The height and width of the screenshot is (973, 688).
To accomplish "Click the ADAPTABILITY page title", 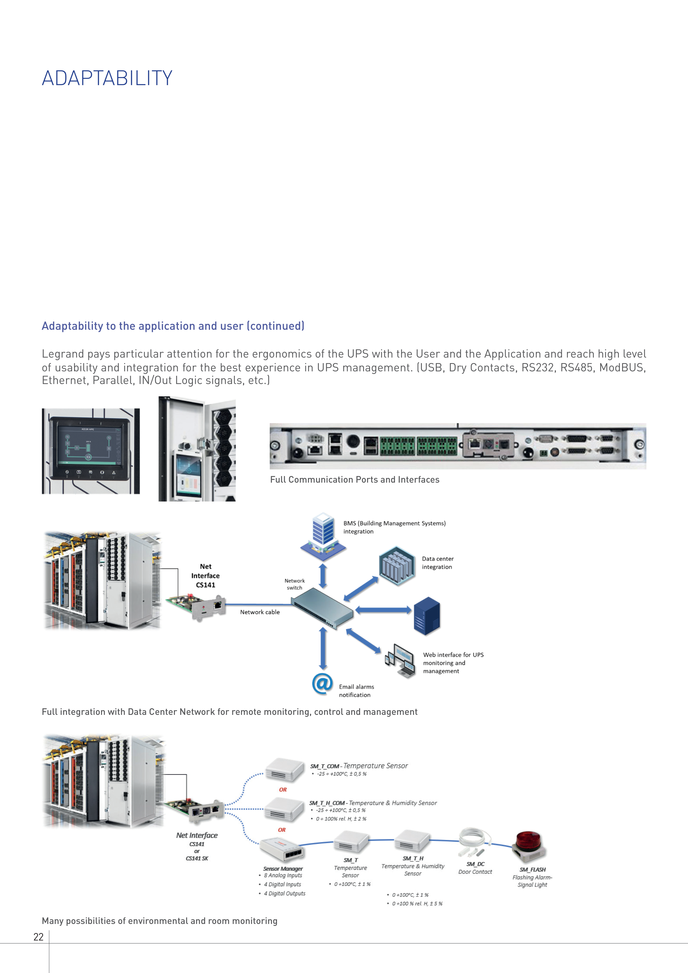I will pyautogui.click(x=107, y=79).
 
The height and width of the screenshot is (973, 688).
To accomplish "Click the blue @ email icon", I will pyautogui.click(x=322, y=683).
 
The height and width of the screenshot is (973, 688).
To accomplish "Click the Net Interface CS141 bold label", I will pyautogui.click(x=206, y=575).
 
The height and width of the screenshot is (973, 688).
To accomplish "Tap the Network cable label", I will pyautogui.click(x=260, y=612).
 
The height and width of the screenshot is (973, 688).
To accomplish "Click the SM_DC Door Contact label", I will pyautogui.click(x=475, y=868).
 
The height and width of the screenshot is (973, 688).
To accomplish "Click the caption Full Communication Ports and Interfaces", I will pyautogui.click(x=355, y=480).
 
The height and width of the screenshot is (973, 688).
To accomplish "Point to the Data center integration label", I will pyautogui.click(x=438, y=563).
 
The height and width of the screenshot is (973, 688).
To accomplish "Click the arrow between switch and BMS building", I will pyautogui.click(x=323, y=575).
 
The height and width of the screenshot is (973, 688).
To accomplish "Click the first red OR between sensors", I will pyautogui.click(x=283, y=790).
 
